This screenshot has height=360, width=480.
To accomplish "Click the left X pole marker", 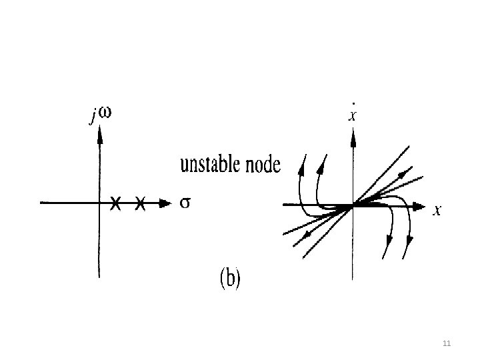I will tap(115, 203).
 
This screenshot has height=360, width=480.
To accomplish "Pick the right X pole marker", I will tap(140, 203).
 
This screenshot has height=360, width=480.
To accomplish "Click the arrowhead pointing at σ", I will tap(165, 203).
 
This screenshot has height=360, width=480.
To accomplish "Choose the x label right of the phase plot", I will tap(437, 211).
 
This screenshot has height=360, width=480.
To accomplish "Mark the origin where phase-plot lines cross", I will tap(352, 206).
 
